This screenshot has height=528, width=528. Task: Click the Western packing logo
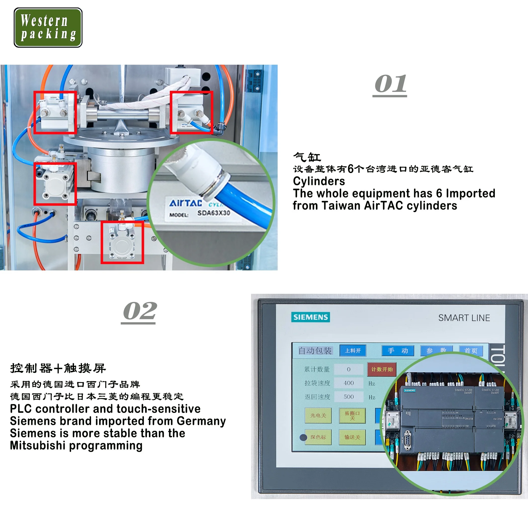(x=48, y=27)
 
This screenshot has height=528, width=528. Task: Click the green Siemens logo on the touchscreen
(x=310, y=317)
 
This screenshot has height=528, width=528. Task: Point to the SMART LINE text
(x=464, y=318)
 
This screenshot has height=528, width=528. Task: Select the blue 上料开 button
(x=353, y=351)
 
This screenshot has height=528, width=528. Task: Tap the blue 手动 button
(x=398, y=351)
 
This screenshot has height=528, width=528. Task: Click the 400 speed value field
(x=348, y=383)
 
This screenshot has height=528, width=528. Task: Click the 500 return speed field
(x=348, y=397)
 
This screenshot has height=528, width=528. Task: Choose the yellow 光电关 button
(x=318, y=416)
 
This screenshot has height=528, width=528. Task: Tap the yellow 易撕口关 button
(x=352, y=416)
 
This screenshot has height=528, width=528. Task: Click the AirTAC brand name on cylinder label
(x=186, y=203)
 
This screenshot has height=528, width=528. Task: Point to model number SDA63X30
(x=214, y=213)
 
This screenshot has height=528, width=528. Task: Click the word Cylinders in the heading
(x=319, y=181)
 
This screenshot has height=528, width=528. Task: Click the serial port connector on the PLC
(x=407, y=440)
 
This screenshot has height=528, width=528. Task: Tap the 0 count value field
(x=348, y=370)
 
